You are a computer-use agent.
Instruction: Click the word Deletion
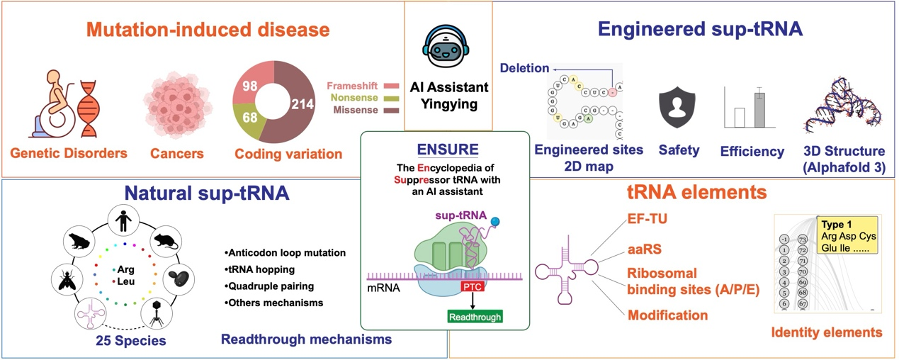click(525, 68)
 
